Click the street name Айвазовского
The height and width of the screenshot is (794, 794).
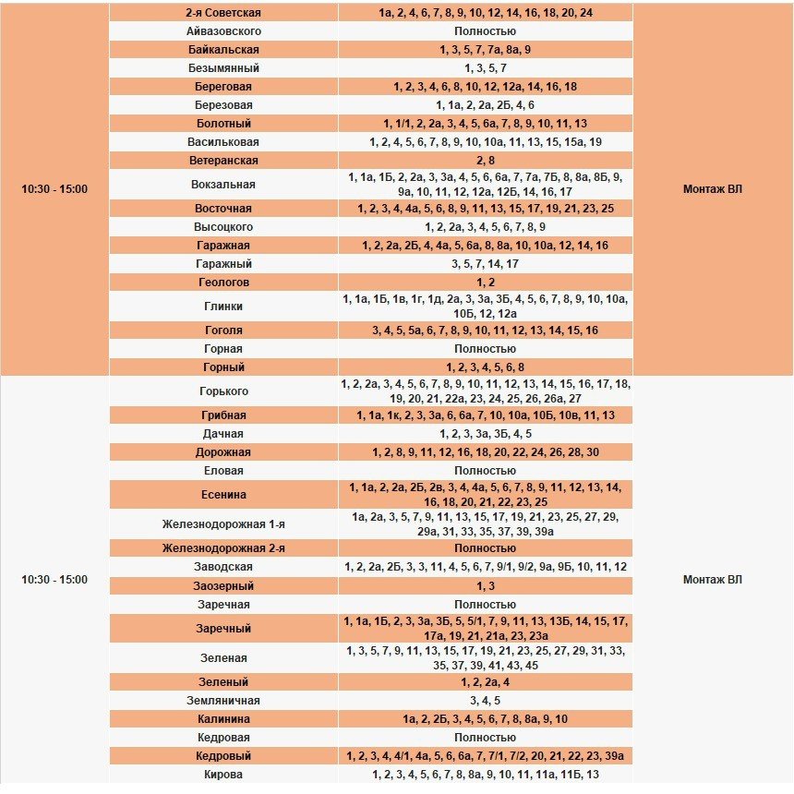(223, 31)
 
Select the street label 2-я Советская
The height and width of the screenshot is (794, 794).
(223, 13)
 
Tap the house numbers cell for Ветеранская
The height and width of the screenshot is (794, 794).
(485, 161)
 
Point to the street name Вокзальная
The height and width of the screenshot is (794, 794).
(223, 185)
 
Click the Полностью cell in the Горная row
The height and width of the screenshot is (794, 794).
(485, 349)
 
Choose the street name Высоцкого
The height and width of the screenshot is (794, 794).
(223, 227)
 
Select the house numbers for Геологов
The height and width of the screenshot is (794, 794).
(485, 283)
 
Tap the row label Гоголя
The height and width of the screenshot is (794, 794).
(223, 331)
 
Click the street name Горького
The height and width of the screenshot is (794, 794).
(223, 391)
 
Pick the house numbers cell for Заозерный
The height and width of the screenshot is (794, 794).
(485, 586)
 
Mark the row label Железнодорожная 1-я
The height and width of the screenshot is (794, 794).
(223, 524)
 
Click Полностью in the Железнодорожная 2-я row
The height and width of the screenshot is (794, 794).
(485, 548)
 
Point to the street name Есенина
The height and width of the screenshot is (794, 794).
(223, 495)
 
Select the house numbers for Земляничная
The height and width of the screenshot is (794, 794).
(485, 701)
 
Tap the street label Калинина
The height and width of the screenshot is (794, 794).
(223, 719)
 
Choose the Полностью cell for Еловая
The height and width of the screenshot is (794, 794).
(485, 471)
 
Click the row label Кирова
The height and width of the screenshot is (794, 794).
(223, 775)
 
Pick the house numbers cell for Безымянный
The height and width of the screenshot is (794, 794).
(485, 68)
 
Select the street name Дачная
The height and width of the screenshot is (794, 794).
(223, 434)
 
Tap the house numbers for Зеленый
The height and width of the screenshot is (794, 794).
(485, 682)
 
